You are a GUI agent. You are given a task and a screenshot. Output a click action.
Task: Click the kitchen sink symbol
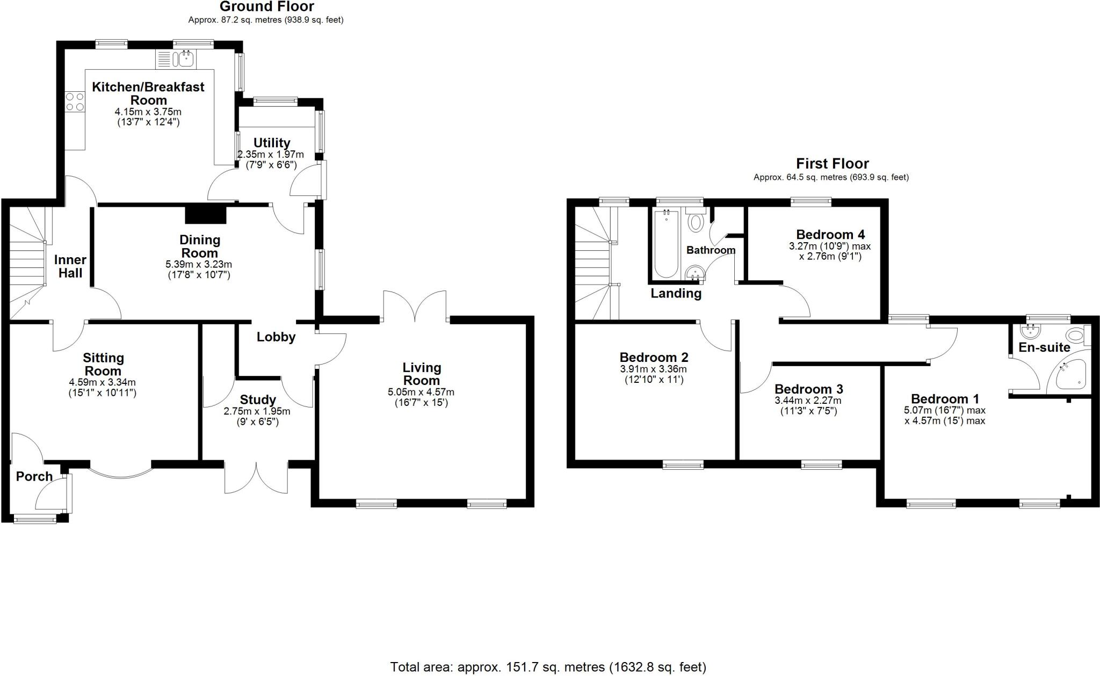(x=186, y=59)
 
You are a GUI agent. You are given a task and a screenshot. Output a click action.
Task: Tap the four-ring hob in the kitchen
(x=75, y=101)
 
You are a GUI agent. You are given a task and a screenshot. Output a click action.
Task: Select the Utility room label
(x=272, y=143)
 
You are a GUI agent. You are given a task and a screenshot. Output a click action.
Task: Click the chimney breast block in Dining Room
(x=206, y=215)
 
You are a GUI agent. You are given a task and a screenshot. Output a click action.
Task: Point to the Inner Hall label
(x=70, y=266)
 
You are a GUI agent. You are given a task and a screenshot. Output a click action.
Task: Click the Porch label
(x=34, y=476)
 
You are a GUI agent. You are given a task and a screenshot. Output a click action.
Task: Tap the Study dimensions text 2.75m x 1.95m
(x=257, y=411)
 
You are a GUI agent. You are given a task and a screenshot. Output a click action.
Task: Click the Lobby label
(x=276, y=337)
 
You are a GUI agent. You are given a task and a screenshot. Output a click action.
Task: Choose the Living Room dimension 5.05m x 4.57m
(x=421, y=392)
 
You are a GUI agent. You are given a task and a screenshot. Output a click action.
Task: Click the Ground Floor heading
(x=266, y=7)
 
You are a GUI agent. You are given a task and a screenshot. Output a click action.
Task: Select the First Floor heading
(x=832, y=163)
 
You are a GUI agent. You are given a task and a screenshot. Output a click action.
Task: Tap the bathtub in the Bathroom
(x=666, y=244)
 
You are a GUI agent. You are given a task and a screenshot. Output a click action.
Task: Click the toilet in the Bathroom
(x=696, y=222)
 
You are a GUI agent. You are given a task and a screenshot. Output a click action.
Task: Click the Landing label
(x=676, y=294)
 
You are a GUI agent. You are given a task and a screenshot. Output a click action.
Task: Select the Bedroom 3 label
(x=808, y=389)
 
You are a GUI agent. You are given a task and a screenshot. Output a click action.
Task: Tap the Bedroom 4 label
(x=830, y=235)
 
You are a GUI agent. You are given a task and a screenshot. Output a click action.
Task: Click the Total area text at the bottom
(x=548, y=667)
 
